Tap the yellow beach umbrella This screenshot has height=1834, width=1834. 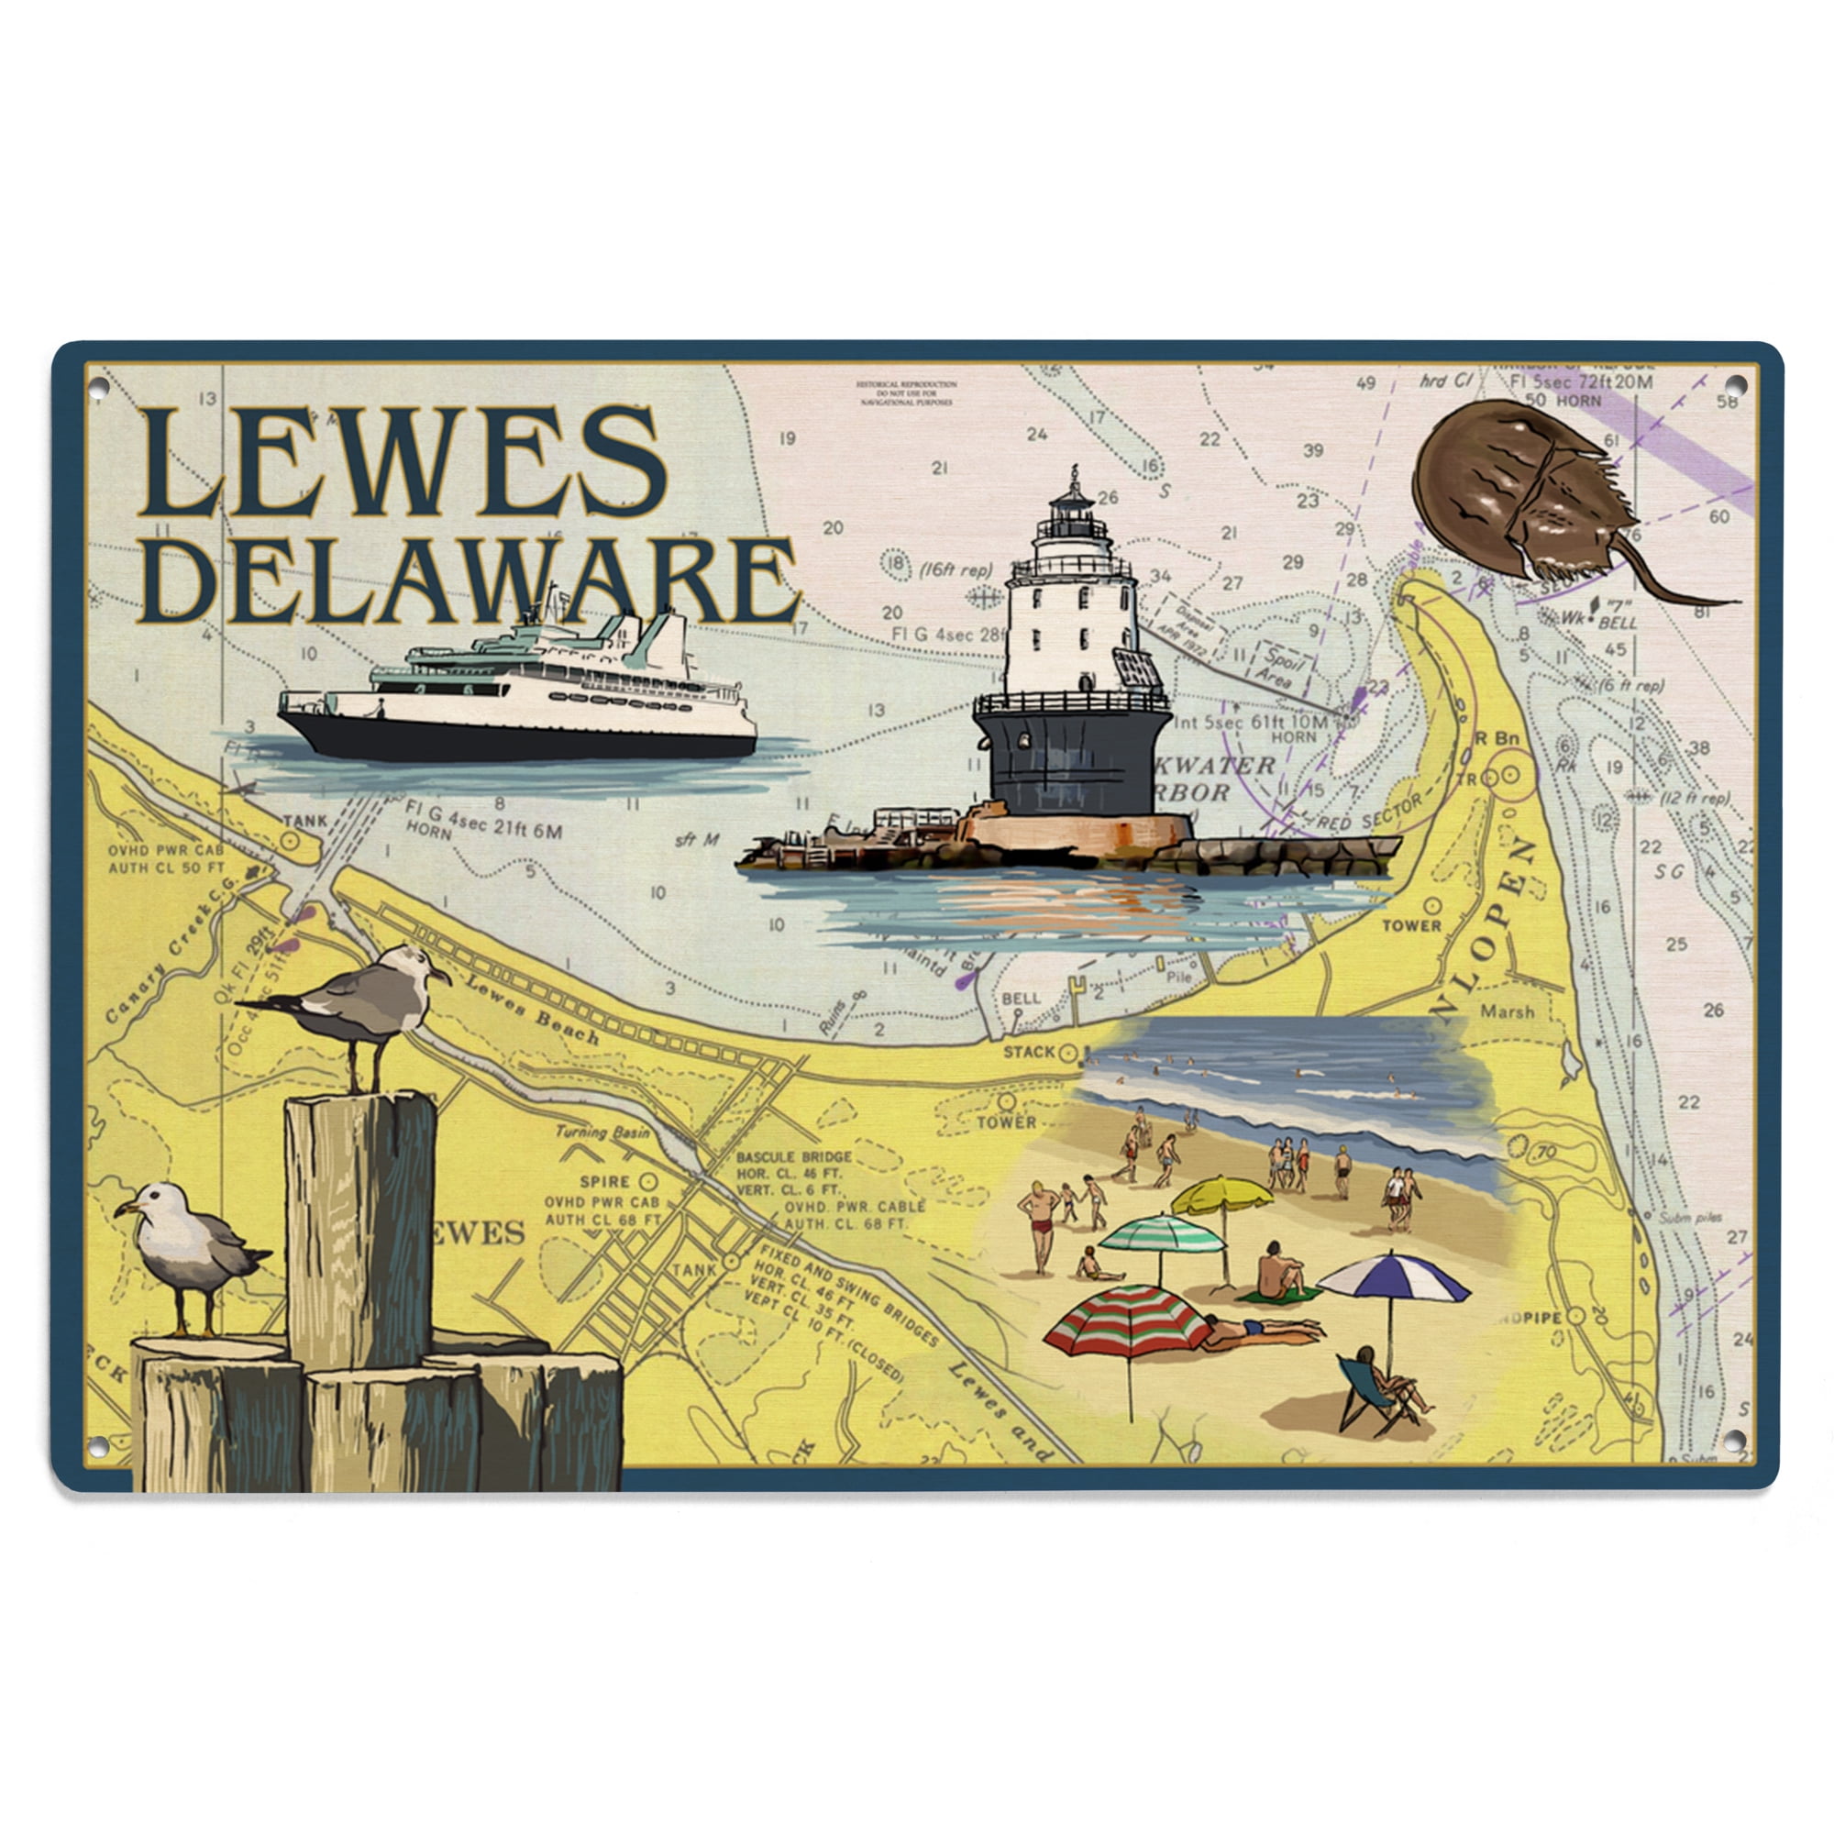click(1221, 1194)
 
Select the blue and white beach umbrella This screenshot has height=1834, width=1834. click(1393, 1278)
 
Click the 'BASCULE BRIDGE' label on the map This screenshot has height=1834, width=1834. click(792, 1157)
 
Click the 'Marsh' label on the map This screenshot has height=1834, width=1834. click(1507, 1012)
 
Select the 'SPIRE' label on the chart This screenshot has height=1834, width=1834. click(604, 1182)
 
